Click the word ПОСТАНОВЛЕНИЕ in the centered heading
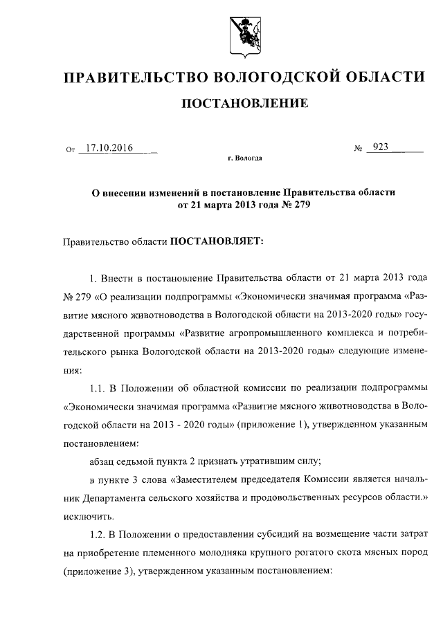pyautogui.click(x=244, y=104)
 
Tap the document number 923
pyautogui.click(x=380, y=147)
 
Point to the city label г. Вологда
pyautogui.click(x=244, y=158)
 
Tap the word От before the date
pyautogui.click(x=70, y=149)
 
